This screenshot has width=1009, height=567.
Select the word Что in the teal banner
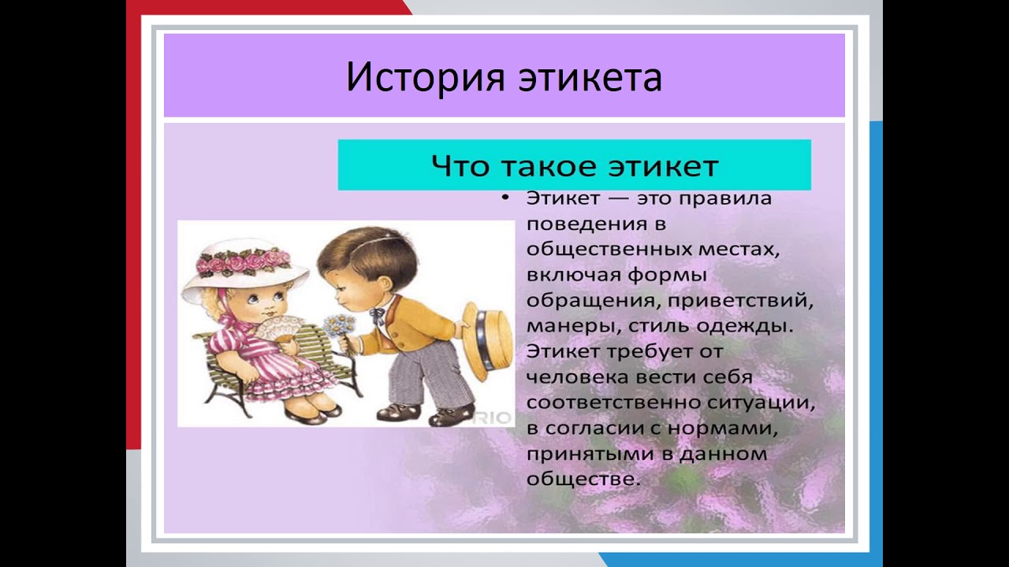point(460,165)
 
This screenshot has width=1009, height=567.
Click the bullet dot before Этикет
point(506,198)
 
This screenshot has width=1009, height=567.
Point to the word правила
point(725,198)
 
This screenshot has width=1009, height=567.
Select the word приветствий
point(740,301)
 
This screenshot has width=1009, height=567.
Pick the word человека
point(577,377)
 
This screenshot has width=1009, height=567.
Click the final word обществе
point(583,479)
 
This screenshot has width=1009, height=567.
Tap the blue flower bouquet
point(339,325)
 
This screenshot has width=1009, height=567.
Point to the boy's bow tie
point(378,315)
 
